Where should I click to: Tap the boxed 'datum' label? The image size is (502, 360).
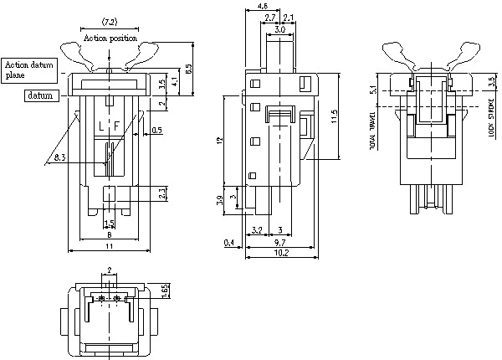(40, 95)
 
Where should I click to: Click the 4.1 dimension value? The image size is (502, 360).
(173, 83)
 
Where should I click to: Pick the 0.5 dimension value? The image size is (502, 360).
(157, 130)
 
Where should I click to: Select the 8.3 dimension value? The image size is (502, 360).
(59, 157)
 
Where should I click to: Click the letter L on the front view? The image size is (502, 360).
(101, 126)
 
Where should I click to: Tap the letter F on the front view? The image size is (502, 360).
(117, 126)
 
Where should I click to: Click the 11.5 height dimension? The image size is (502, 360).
(333, 116)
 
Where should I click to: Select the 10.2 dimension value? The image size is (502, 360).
(282, 252)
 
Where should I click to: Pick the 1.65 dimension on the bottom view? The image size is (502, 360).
(165, 290)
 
